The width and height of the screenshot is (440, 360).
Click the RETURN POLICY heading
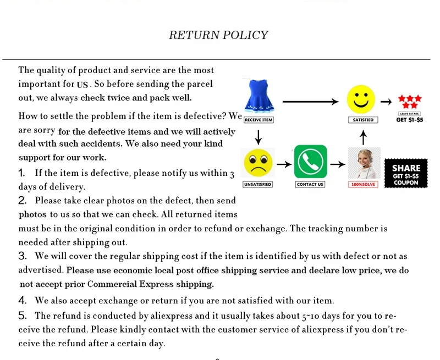(x=218, y=35)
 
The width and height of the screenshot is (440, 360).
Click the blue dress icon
(x=258, y=97)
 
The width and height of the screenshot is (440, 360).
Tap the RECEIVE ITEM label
(x=258, y=120)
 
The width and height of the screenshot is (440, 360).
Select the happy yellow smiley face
(x=361, y=99)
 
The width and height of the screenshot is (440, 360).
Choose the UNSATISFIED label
(x=257, y=184)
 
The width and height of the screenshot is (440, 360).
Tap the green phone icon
(x=310, y=162)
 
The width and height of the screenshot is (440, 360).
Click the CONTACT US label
(x=310, y=184)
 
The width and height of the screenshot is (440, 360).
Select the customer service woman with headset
(x=362, y=163)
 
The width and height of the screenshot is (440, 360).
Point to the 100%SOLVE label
(x=363, y=184)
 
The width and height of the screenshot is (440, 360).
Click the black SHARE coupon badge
(x=406, y=172)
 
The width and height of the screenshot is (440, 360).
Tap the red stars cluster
(x=409, y=101)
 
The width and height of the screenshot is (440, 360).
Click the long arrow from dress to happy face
(x=310, y=101)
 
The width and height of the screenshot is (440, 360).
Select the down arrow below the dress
(x=258, y=135)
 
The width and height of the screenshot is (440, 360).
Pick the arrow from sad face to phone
(x=284, y=164)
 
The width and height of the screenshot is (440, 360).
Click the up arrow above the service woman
(x=363, y=135)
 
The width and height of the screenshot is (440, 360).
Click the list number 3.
(x=23, y=256)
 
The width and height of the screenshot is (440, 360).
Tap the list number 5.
(x=23, y=315)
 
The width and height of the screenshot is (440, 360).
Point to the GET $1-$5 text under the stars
(x=409, y=119)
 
